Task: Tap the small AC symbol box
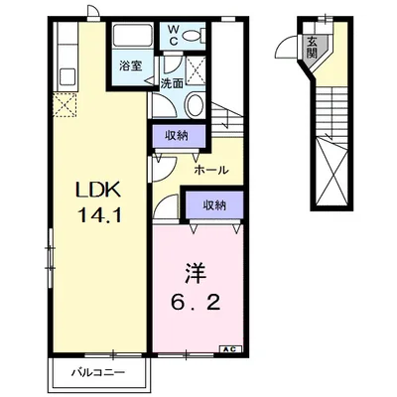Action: coord(228,349)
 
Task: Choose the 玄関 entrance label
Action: coord(313,46)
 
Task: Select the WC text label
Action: coord(173,36)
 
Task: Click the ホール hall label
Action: coord(211,170)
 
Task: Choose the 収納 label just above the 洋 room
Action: coord(213,205)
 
